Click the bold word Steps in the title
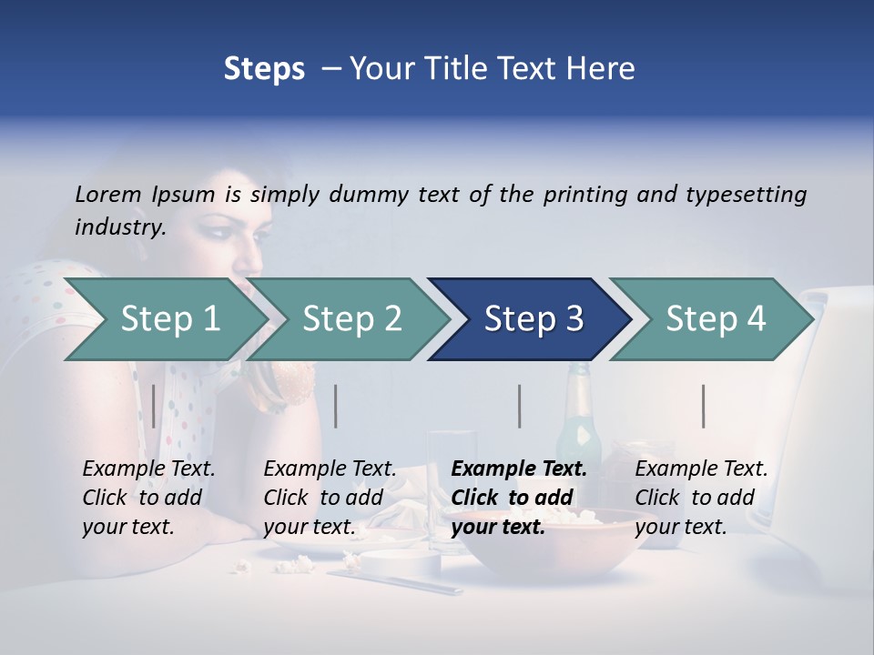coord(264,69)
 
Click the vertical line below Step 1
coord(154,406)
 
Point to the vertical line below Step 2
coord(336,406)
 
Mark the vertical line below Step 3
coord(520,406)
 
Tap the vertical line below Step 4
coord(704,406)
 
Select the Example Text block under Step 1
coord(148,497)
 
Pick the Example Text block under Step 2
coord(330,497)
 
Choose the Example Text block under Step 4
coord(701,497)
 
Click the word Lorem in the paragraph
coord(108,195)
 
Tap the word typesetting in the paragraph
coord(746,195)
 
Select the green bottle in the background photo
coord(579,409)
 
